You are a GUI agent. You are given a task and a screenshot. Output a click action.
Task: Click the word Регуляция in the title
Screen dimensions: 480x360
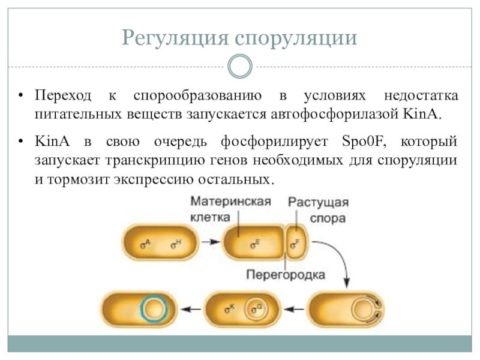(175, 38)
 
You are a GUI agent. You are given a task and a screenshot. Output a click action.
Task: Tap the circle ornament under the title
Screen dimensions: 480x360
(240, 66)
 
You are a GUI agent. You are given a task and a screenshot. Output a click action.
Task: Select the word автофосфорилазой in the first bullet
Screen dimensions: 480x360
(334, 115)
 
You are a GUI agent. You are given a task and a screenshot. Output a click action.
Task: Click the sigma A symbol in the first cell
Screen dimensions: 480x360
(145, 244)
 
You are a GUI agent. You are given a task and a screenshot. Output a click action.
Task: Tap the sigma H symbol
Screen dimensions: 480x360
(176, 244)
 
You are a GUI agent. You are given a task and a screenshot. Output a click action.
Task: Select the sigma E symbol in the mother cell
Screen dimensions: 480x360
(255, 244)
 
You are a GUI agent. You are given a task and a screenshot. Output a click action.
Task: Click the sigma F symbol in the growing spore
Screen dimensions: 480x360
(295, 244)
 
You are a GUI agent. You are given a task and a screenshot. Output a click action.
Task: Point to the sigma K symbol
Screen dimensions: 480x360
(230, 309)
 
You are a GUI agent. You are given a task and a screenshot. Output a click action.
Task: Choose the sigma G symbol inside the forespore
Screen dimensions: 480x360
(257, 309)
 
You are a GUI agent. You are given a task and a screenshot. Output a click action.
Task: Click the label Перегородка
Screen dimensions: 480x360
(286, 275)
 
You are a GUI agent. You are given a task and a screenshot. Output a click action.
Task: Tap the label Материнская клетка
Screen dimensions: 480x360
(230, 209)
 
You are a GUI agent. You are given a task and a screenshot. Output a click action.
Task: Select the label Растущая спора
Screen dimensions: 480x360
(319, 211)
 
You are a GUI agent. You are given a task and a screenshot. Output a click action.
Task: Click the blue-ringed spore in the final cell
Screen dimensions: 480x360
(154, 309)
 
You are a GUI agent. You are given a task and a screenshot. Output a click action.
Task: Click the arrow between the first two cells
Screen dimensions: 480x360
(211, 242)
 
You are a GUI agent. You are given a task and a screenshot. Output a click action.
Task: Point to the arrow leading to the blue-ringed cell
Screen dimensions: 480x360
(191, 309)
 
